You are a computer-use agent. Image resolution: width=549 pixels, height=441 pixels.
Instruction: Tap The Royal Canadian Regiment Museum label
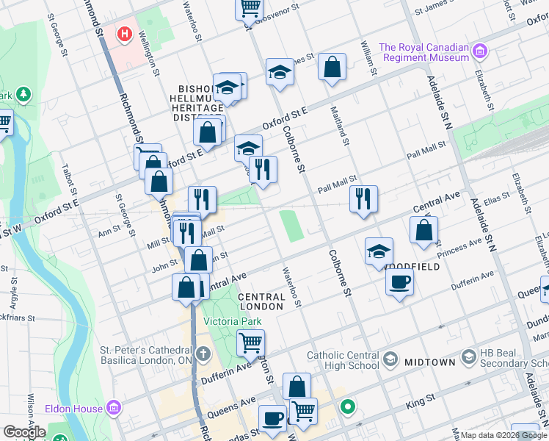[x=423, y=52]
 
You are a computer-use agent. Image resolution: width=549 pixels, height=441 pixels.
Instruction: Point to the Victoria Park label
[x=232, y=321]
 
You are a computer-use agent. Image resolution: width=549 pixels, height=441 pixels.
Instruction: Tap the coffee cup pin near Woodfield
[x=399, y=282]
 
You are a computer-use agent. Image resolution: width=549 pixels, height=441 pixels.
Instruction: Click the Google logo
[x=24, y=432]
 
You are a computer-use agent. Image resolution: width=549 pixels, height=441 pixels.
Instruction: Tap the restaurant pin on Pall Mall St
[x=363, y=198]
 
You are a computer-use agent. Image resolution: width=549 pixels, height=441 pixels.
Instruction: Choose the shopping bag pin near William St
[x=332, y=68]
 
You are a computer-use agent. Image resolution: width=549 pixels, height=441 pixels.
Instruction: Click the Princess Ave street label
[x=459, y=243]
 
